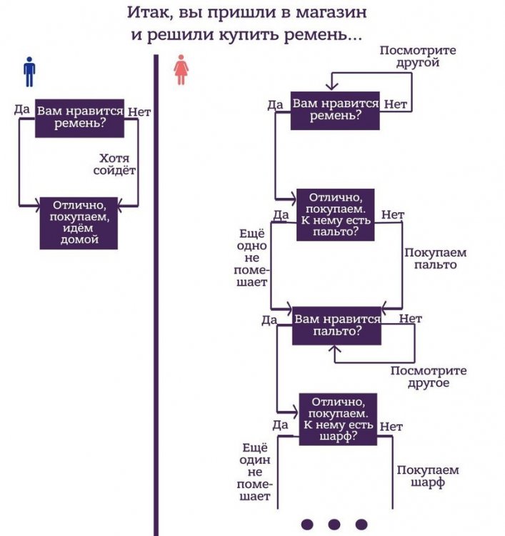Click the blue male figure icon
point(29,71)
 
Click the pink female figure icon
point(181,71)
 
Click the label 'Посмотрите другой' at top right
point(418,56)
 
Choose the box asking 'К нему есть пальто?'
point(335,214)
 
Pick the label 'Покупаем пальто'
point(435,259)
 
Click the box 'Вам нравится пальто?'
point(336,325)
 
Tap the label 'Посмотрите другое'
point(429,377)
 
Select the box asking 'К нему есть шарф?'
point(336,419)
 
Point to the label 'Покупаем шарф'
point(427,476)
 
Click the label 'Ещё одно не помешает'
point(251,257)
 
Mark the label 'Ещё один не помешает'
point(255,472)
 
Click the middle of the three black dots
point(335,523)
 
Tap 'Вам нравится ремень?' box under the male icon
point(79,117)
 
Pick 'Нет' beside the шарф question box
point(391,427)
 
